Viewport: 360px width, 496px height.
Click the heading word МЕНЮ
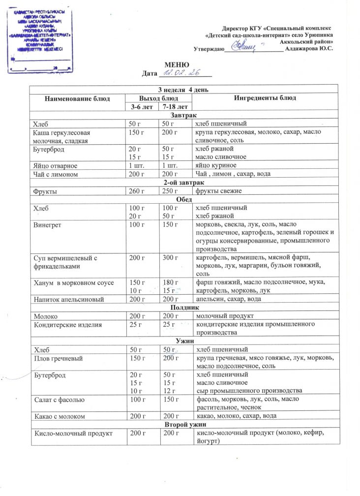[x=177, y=64]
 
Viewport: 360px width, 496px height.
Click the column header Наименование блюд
[x=77, y=98]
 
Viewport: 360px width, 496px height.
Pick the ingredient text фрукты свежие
[x=219, y=190]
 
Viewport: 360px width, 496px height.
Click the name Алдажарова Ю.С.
[x=309, y=48]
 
